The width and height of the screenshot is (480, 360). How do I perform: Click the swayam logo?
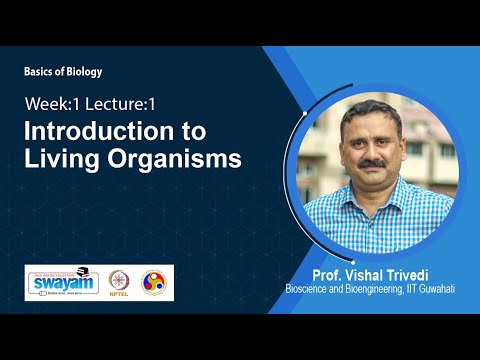tap(61, 283)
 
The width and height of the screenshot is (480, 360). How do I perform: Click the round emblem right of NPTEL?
tap(155, 283)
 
